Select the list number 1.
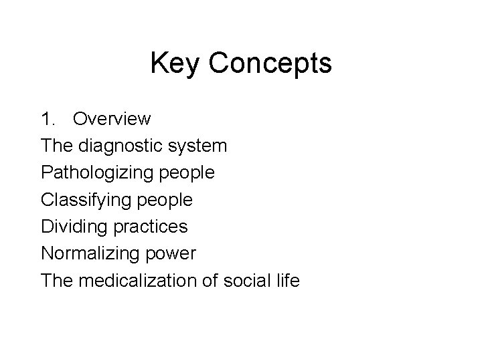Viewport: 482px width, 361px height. click(48, 120)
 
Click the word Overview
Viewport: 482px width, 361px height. click(112, 120)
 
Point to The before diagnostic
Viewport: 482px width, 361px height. click(58, 146)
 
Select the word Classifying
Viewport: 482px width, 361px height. click(85, 200)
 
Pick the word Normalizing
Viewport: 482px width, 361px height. click(87, 253)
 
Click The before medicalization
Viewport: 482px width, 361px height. click(58, 280)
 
